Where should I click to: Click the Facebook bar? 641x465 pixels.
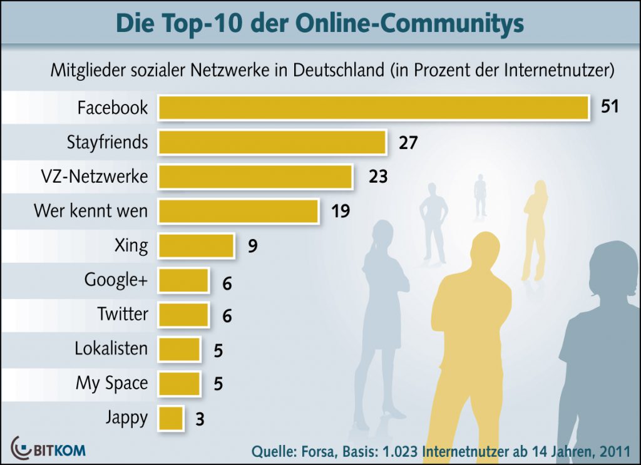pos(373,108)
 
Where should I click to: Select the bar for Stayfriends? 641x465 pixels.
pos(272,143)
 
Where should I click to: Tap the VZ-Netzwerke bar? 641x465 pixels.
pos(255,177)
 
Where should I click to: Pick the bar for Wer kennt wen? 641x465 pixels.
pos(238,212)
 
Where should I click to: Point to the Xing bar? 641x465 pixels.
pos(196,246)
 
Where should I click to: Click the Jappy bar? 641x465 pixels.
pos(171,418)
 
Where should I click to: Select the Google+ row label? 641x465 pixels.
pos(116,280)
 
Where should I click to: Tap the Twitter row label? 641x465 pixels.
pos(122,314)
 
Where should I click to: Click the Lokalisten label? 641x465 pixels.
pos(111,349)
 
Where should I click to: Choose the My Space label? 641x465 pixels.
pos(112,383)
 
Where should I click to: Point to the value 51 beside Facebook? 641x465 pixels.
pos(609,106)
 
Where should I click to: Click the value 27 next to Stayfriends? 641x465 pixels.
pos(408,143)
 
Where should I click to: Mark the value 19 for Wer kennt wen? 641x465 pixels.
pos(340,212)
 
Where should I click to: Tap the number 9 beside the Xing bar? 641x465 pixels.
pos(252,246)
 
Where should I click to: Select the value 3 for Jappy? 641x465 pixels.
pos(200,419)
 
